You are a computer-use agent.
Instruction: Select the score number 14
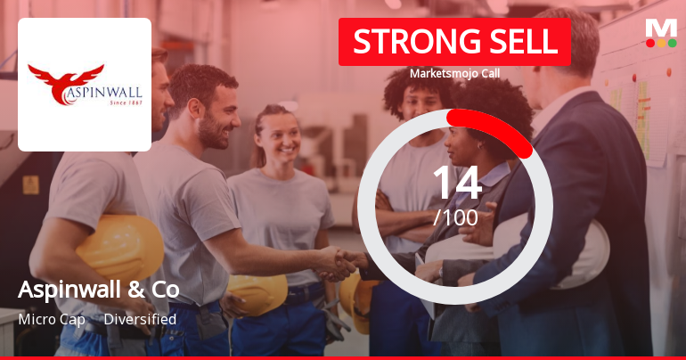455,183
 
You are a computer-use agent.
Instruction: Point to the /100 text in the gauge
455,217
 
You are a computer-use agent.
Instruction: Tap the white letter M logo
660,28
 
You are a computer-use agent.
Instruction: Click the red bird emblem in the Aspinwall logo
66,76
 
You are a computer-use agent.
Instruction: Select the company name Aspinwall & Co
98,290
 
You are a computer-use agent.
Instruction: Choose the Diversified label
140,319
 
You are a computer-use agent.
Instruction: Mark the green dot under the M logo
673,43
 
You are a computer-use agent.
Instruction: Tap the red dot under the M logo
649,43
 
